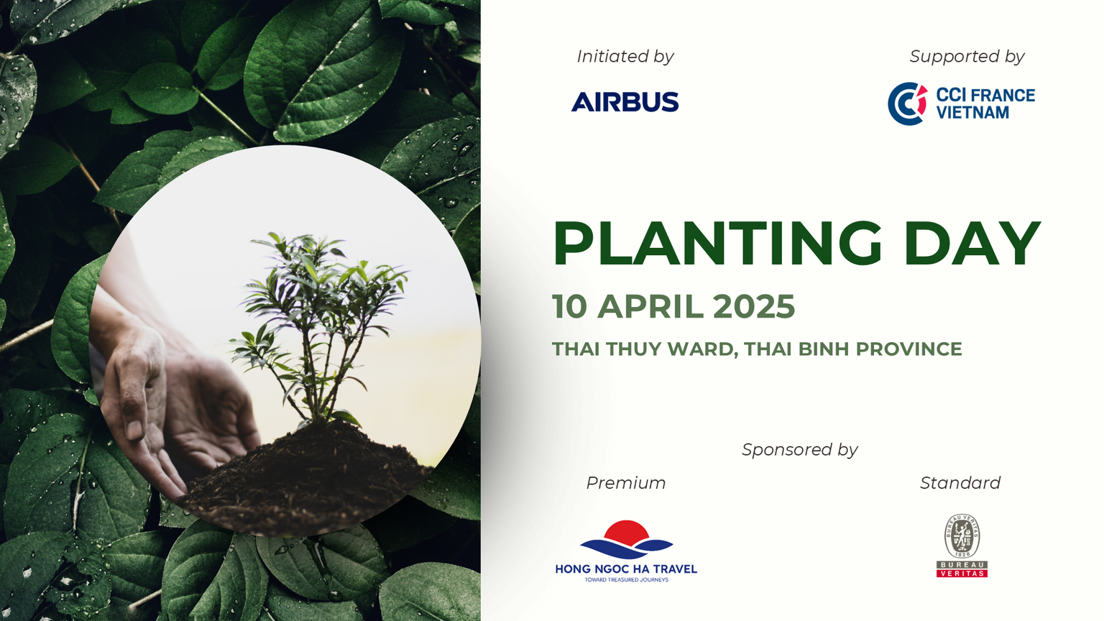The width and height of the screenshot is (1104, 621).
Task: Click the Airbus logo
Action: click(625, 101)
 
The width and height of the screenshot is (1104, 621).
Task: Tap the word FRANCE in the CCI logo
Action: click(1003, 95)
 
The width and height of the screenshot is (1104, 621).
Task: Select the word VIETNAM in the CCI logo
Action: click(973, 112)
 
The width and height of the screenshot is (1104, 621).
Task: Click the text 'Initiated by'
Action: click(625, 57)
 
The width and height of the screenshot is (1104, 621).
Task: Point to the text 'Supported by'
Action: click(967, 57)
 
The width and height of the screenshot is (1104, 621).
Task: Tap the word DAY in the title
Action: click(972, 244)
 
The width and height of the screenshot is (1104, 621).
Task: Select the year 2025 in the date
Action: click(754, 306)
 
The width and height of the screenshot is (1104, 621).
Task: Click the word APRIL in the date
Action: click(650, 306)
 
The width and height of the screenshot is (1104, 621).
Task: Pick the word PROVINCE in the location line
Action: click(908, 349)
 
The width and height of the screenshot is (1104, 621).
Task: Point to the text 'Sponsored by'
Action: click(800, 450)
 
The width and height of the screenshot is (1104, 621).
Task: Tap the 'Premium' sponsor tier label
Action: click(626, 483)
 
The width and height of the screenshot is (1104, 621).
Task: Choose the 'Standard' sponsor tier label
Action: click(960, 483)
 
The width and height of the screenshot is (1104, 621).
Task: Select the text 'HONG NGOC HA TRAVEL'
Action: click(626, 569)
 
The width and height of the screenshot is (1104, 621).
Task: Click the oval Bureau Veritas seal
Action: click(962, 536)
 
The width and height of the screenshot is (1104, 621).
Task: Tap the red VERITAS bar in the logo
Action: click(962, 573)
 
